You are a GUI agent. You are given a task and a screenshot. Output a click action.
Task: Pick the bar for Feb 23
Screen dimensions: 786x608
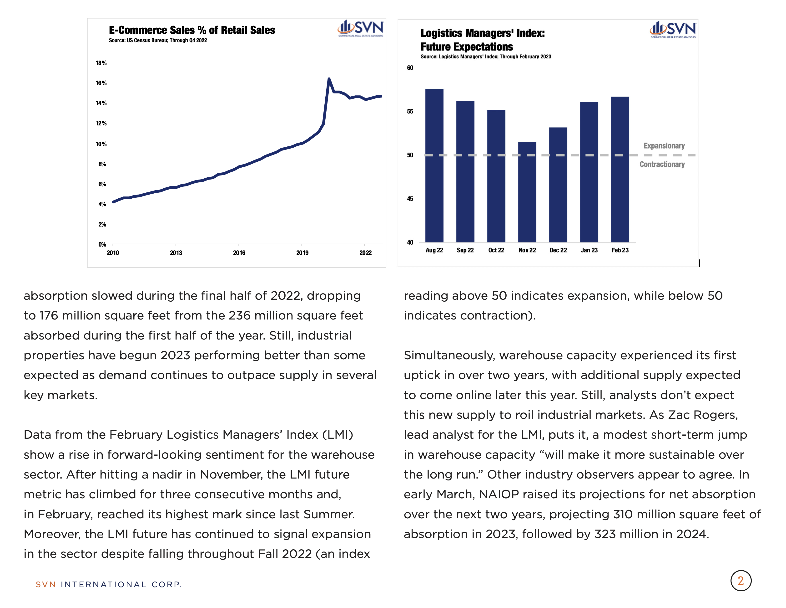620,169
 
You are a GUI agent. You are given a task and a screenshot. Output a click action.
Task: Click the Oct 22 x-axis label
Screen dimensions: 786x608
496,250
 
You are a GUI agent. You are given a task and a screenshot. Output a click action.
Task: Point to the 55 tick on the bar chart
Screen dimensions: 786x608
410,111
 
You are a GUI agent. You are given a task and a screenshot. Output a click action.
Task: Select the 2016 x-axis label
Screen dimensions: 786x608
239,252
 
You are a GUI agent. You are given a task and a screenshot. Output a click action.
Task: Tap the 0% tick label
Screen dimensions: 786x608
102,244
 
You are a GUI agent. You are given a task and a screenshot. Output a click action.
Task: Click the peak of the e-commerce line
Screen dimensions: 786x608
329,78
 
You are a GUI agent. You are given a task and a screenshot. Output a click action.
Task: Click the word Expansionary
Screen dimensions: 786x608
664,146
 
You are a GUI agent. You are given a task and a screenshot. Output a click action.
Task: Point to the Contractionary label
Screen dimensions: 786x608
662,164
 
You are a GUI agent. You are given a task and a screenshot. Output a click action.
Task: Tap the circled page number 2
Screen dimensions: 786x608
741,580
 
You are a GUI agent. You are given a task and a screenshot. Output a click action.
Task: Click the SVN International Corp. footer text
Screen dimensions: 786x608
109,584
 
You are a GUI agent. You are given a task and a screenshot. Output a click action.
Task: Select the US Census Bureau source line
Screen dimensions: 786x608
158,40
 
